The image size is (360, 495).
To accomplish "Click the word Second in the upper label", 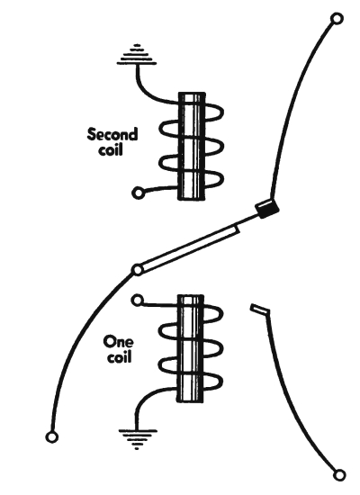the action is click(x=112, y=134).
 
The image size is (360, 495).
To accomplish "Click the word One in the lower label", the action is click(x=118, y=341).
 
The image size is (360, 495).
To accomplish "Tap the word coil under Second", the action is click(x=110, y=149).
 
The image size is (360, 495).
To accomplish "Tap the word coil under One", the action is click(x=119, y=356).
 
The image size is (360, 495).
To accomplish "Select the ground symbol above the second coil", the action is click(x=137, y=55).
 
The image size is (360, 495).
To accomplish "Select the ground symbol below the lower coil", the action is click(x=138, y=438).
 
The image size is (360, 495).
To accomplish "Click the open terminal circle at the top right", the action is click(x=337, y=19).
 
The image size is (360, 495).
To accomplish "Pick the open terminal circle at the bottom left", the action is click(x=52, y=437).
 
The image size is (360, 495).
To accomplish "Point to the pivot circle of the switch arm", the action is click(x=138, y=270).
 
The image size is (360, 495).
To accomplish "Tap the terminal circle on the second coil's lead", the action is click(x=138, y=193).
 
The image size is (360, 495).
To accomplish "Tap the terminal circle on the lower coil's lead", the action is click(x=138, y=300).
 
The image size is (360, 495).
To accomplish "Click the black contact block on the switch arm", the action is click(x=266, y=208).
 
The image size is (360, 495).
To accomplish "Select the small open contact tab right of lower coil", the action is click(x=259, y=309).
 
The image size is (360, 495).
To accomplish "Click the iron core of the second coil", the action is click(x=192, y=146).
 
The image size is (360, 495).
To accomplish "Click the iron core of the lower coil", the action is click(x=190, y=348).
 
